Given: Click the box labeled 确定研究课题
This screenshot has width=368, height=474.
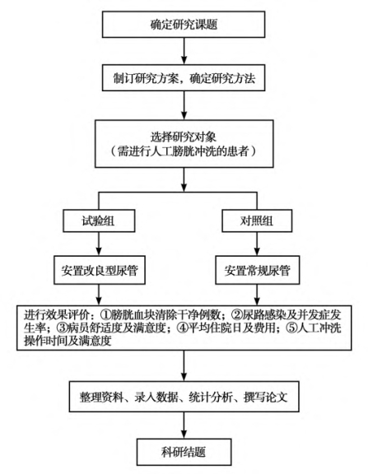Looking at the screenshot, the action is click(x=184, y=25).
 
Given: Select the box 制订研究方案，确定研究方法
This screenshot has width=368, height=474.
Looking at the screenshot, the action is click(x=184, y=77).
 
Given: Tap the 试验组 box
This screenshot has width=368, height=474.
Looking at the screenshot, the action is click(x=99, y=221).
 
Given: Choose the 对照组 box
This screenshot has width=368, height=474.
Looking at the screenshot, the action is click(x=257, y=221).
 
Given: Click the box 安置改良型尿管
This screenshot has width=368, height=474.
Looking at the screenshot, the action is click(x=100, y=270).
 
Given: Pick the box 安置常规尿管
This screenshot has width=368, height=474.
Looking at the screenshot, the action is click(x=258, y=270).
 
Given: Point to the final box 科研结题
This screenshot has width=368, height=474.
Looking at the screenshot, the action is click(x=184, y=452).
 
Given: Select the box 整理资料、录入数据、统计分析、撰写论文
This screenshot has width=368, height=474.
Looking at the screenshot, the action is click(x=184, y=397).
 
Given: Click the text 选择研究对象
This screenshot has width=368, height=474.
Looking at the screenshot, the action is click(x=184, y=137).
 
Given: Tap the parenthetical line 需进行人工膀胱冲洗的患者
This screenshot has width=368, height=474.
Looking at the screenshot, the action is click(x=184, y=151).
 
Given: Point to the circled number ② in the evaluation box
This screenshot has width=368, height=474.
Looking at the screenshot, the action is click(x=237, y=315).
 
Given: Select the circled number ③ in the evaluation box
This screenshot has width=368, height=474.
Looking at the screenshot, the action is click(x=63, y=328).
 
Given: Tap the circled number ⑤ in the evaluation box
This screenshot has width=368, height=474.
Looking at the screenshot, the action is click(x=291, y=328).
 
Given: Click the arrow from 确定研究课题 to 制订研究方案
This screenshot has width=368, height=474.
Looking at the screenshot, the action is click(x=184, y=51).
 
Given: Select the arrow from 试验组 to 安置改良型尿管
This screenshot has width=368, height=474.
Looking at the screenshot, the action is click(x=99, y=244).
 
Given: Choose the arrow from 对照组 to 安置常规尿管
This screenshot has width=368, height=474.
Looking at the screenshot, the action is click(x=257, y=244).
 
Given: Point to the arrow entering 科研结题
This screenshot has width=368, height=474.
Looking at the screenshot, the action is click(x=184, y=425).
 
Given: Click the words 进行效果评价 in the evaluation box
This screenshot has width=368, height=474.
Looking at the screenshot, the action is click(x=57, y=315).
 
